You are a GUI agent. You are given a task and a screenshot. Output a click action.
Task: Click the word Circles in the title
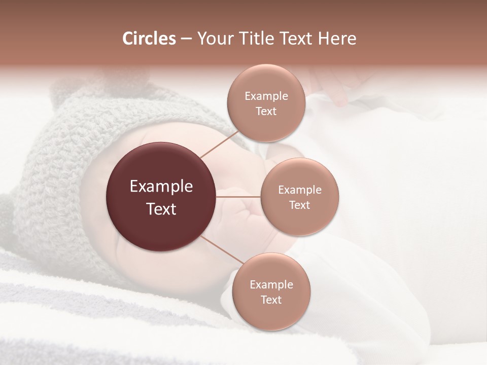point(149,39)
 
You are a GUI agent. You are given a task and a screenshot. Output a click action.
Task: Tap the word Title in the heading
point(260,39)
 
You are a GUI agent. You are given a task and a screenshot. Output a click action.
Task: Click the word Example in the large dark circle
point(161,187)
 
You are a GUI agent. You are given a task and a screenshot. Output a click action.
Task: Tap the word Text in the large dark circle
point(161,209)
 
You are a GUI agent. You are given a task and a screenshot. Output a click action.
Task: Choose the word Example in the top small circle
point(266,96)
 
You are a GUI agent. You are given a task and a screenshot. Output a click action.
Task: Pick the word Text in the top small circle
point(266,112)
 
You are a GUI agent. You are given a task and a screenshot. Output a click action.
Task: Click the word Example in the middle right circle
point(300,190)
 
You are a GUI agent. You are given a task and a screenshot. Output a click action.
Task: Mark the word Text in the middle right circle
point(300,205)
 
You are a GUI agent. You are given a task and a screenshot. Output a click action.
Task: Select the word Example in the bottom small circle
point(271,285)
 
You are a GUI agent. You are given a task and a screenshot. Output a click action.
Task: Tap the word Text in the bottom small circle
point(271,300)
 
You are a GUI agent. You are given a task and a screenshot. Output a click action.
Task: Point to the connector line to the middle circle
point(238,196)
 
